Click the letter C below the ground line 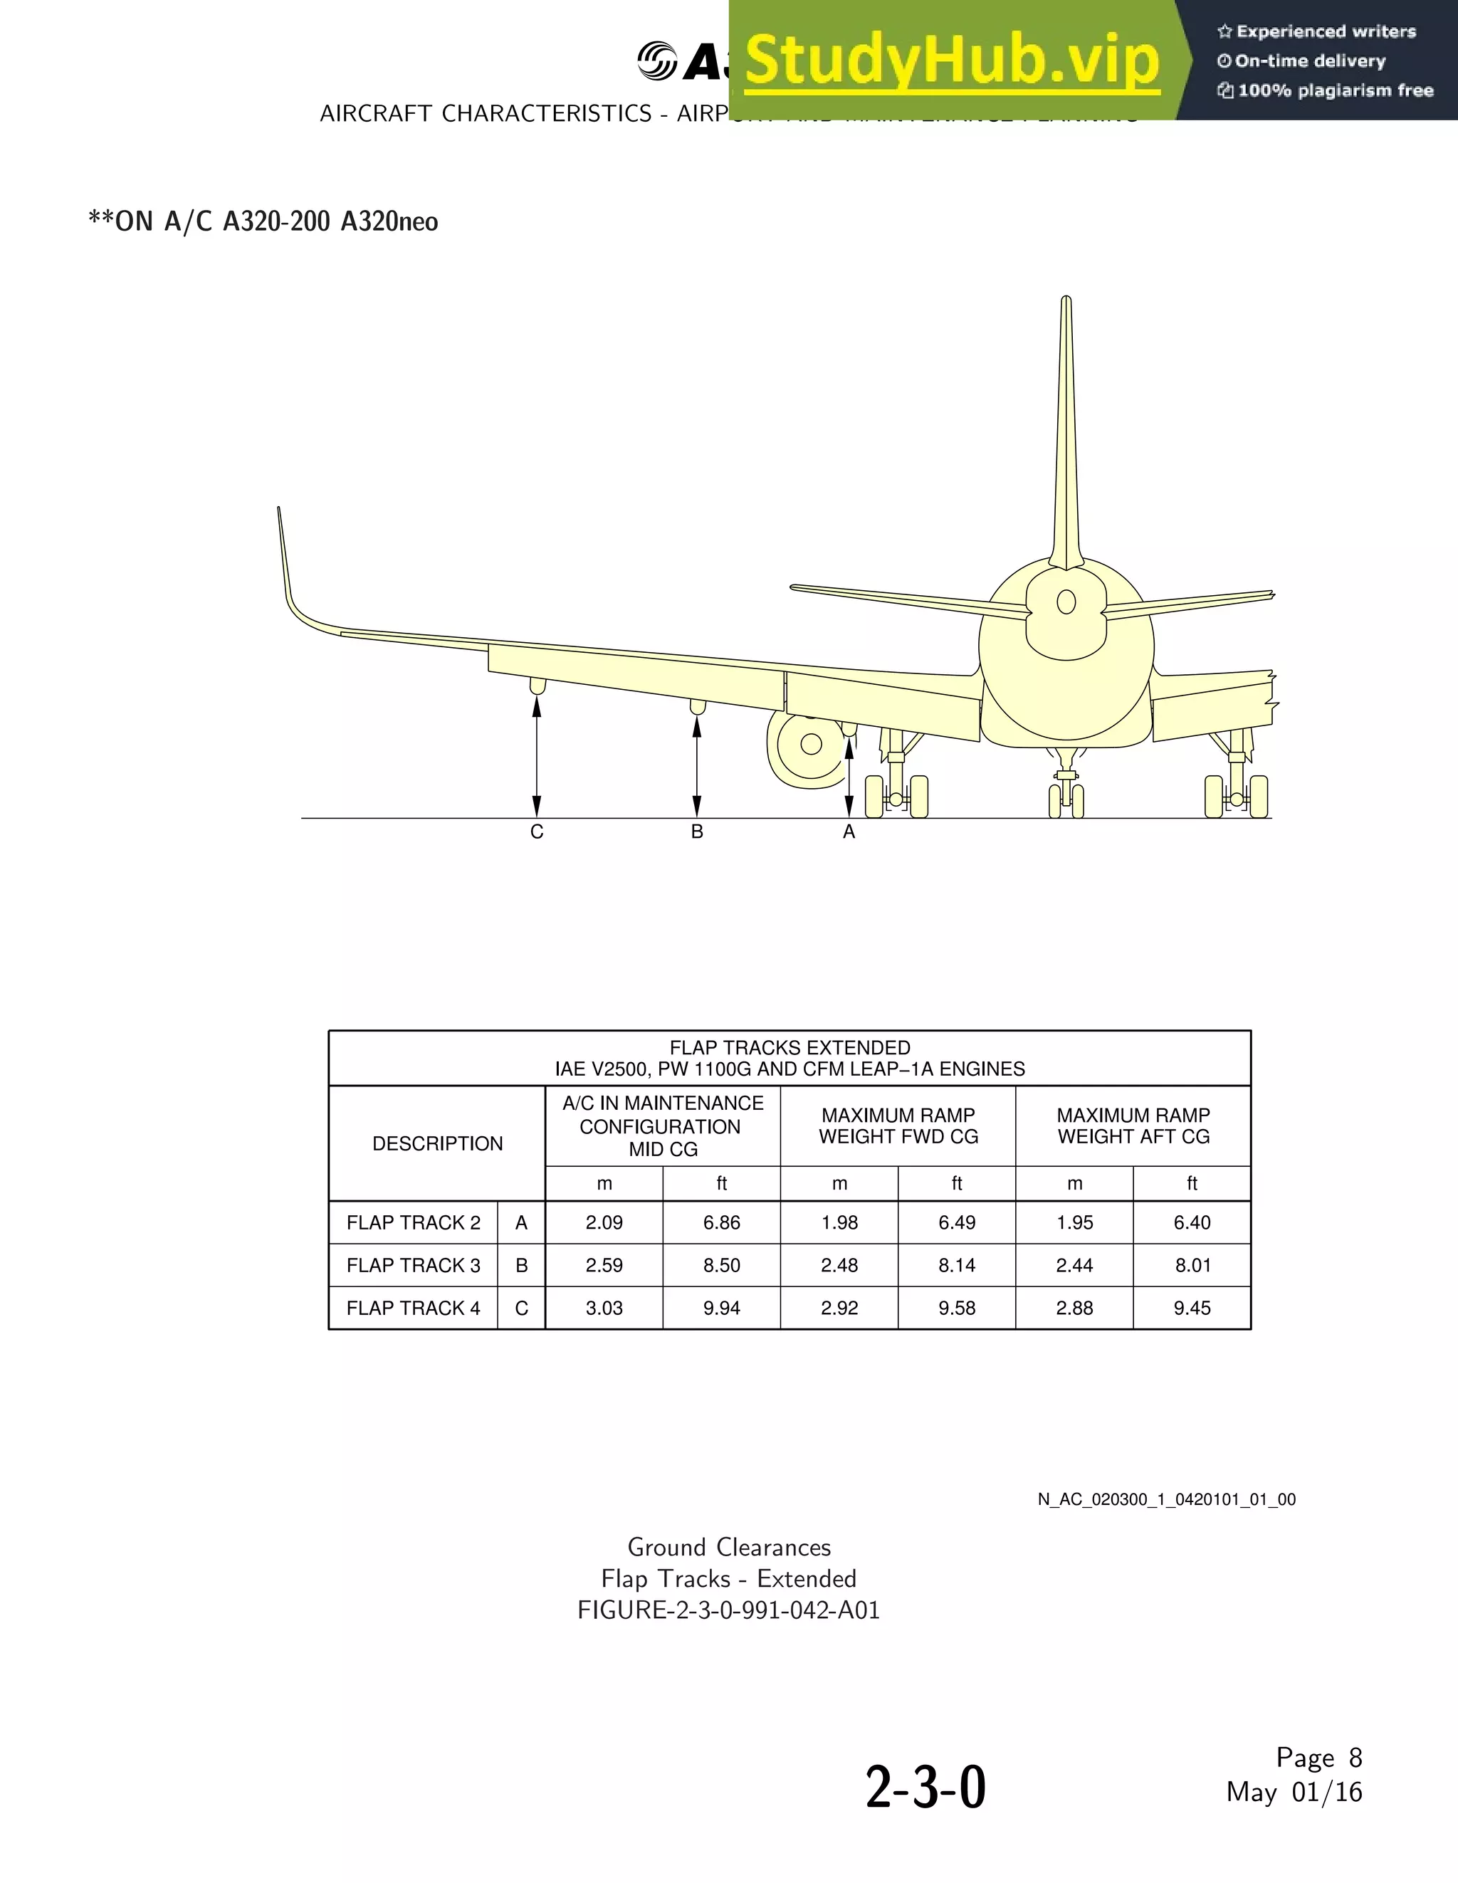pyautogui.click(x=536, y=832)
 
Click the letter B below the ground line pyautogui.click(x=697, y=832)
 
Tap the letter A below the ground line pyautogui.click(x=849, y=832)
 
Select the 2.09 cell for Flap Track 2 pyautogui.click(x=604, y=1222)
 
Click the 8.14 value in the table pyautogui.click(x=956, y=1265)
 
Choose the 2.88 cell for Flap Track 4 pyautogui.click(x=1074, y=1308)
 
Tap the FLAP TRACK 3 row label pyautogui.click(x=413, y=1265)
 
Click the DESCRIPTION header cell pyautogui.click(x=437, y=1143)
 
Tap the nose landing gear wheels pyautogui.click(x=1066, y=801)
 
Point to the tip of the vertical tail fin pyautogui.click(x=1066, y=302)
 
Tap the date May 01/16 pyautogui.click(x=1294, y=1793)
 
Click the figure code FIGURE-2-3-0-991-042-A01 pyautogui.click(x=728, y=1610)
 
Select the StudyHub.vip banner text pyautogui.click(x=952, y=61)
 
